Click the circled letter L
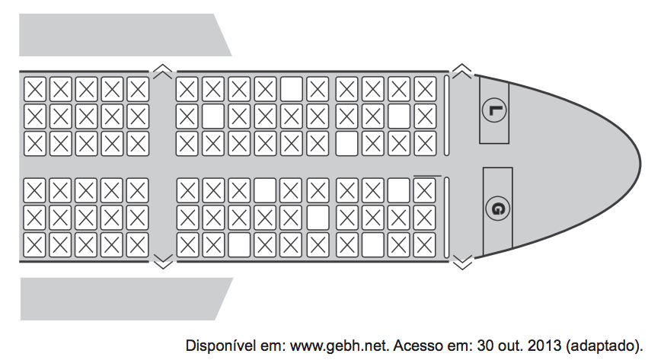[x=495, y=110]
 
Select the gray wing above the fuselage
[x=122, y=35]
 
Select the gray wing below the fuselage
[x=122, y=298]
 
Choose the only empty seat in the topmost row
[x=292, y=90]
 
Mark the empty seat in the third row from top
[x=346, y=142]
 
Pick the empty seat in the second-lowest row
[x=318, y=217]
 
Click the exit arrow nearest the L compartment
[x=461, y=72]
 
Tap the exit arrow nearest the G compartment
[x=461, y=263]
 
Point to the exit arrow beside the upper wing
[x=162, y=72]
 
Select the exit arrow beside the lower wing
[x=162, y=263]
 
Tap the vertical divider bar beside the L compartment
[x=447, y=114]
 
